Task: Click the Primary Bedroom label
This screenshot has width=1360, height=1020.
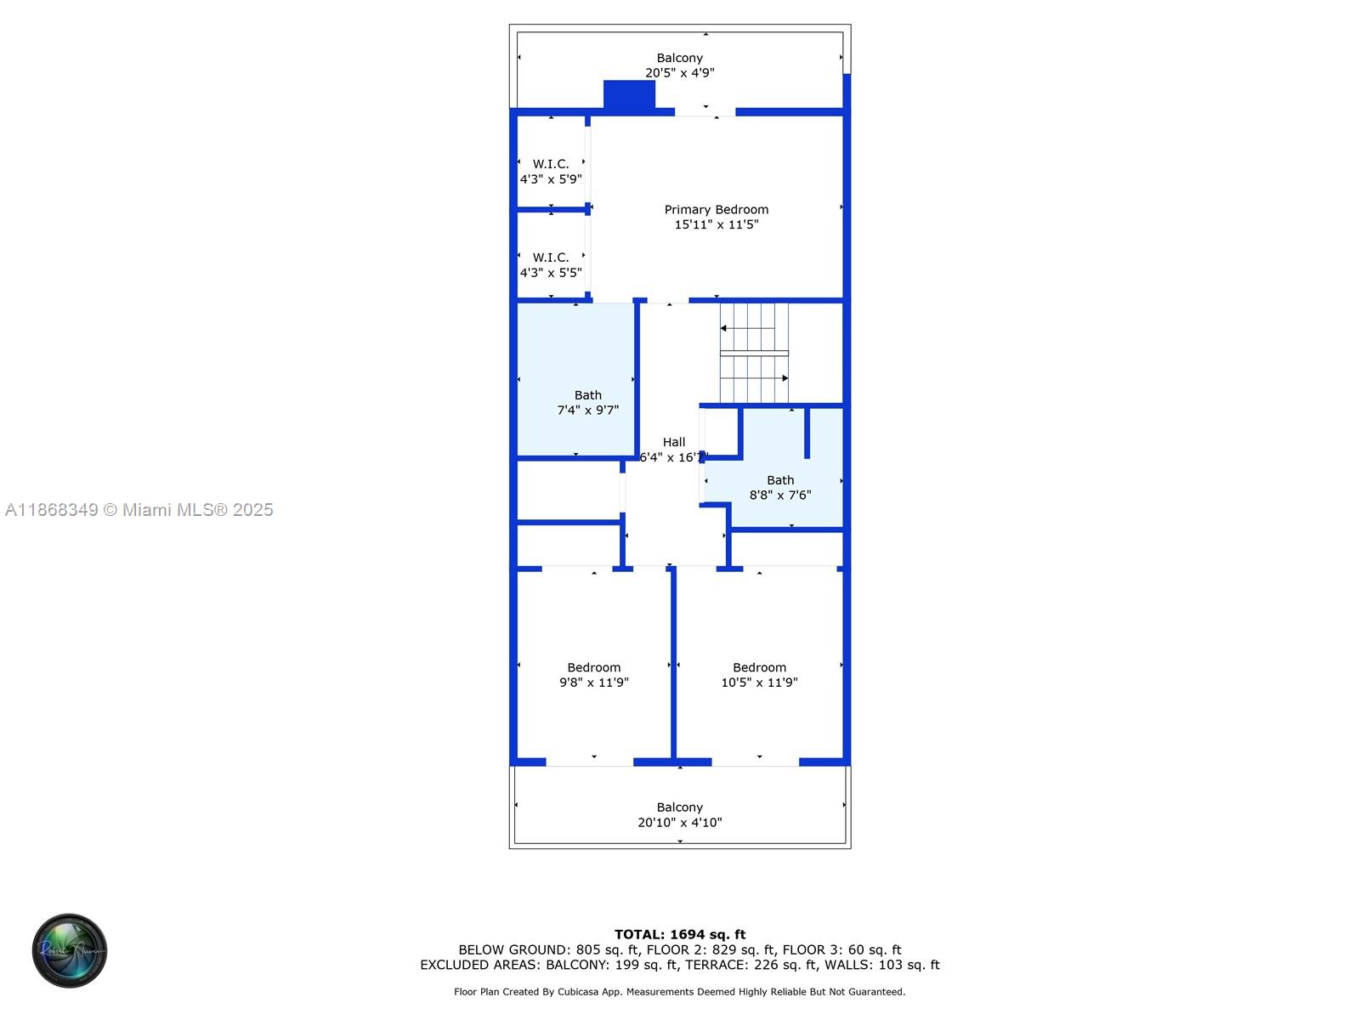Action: pos(716,209)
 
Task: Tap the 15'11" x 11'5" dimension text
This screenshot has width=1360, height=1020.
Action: pos(716,224)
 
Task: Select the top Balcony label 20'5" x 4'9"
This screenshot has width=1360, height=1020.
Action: pos(679,65)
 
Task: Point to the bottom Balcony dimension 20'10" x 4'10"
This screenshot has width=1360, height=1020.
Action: pos(679,822)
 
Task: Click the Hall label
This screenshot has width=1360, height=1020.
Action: pos(673,442)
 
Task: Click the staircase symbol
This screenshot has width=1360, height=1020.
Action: pos(754,353)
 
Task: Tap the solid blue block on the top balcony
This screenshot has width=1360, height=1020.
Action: pos(629,94)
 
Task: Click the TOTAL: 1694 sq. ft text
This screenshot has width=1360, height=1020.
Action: pos(679,934)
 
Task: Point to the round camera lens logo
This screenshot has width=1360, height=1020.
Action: pos(70,950)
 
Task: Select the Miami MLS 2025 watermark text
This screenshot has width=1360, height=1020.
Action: pos(139,510)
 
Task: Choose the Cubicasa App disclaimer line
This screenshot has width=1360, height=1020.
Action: pos(679,991)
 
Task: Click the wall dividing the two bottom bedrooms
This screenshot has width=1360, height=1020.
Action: pos(673,663)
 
